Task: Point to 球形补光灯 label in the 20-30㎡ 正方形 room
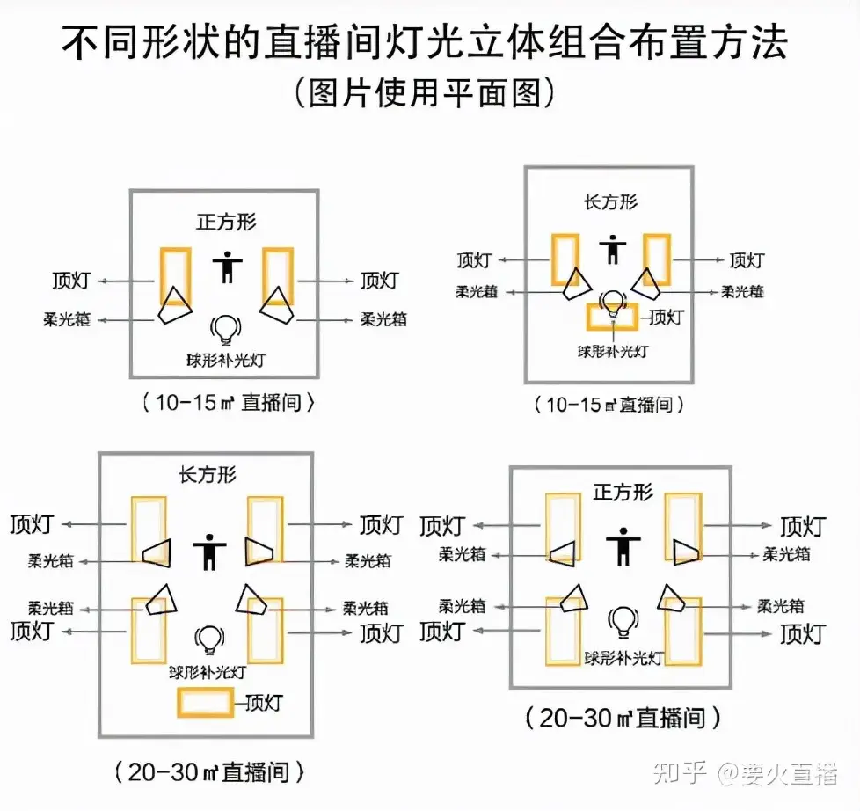click(621, 657)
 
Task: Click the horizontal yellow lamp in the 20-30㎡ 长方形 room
click(206, 702)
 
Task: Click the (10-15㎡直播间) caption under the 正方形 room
click(227, 403)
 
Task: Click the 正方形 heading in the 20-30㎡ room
click(623, 492)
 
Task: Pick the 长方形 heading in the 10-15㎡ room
click(610, 202)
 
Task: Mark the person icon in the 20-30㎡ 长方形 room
click(208, 552)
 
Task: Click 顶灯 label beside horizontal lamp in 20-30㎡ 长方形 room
click(265, 703)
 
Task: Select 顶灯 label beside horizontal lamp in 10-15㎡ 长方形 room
click(665, 318)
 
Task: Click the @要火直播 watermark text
click(777, 773)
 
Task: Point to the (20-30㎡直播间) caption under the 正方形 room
click(623, 718)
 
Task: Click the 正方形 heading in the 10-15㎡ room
click(226, 221)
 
